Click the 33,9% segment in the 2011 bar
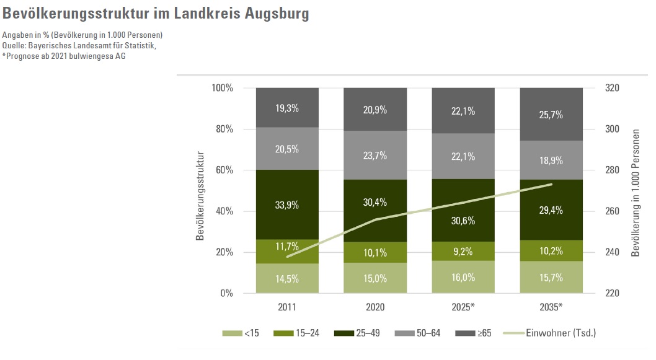pyautogui.click(x=287, y=204)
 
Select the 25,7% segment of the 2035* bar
pyautogui.click(x=551, y=114)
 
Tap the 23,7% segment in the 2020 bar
pyautogui.click(x=375, y=155)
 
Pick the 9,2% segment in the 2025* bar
pyautogui.click(x=463, y=252)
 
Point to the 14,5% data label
pyautogui.click(x=287, y=279)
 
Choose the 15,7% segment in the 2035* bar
pyautogui.click(x=551, y=278)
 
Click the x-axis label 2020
pyautogui.click(x=375, y=307)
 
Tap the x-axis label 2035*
pyautogui.click(x=552, y=307)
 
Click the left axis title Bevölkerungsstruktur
pyautogui.click(x=200, y=190)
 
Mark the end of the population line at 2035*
pyautogui.click(x=551, y=184)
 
